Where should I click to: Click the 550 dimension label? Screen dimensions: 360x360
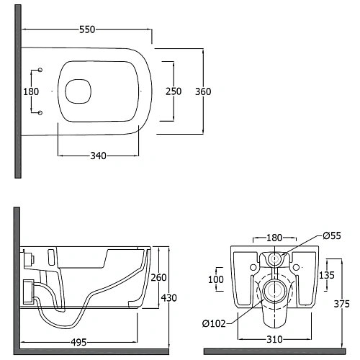tap(87, 30)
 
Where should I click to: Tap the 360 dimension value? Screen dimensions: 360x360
tap(203, 91)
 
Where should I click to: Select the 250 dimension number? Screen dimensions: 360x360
tap(174, 91)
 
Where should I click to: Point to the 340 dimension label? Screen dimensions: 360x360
tap(98, 156)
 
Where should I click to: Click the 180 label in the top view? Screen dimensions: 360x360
tap(31, 91)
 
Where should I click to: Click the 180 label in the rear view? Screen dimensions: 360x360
tap(274, 238)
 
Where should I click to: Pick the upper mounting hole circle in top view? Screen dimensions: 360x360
tap(40, 70)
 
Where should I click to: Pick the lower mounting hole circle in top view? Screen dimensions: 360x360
tap(40, 113)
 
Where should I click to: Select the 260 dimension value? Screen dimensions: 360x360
tap(158, 278)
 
